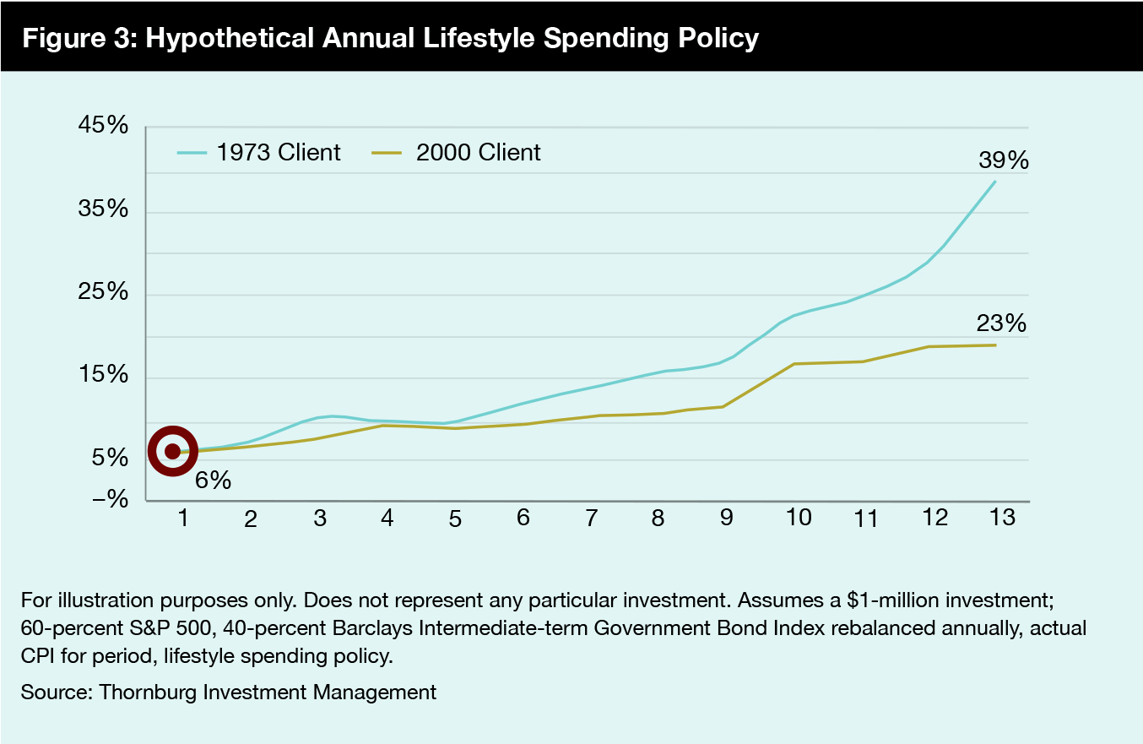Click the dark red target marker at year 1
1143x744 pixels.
coord(172,451)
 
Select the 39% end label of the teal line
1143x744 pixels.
coord(1004,160)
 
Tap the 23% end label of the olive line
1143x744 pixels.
coord(1001,323)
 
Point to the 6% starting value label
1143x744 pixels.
coord(213,481)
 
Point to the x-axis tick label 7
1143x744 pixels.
coord(590,519)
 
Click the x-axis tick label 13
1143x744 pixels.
coord(1001,517)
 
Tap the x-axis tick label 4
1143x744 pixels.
coord(387,517)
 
